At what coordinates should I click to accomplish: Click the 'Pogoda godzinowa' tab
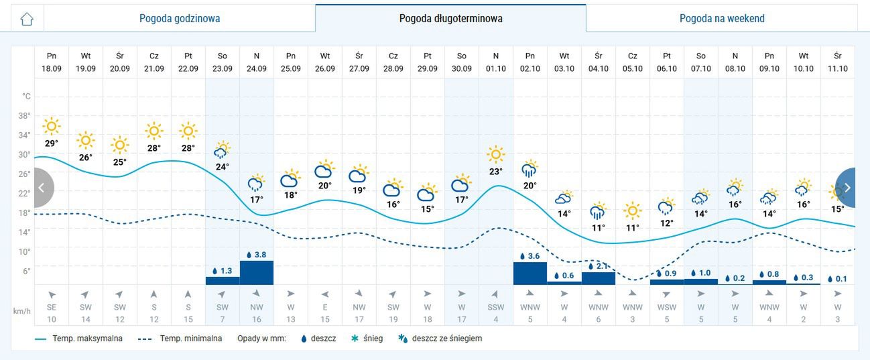click(180, 18)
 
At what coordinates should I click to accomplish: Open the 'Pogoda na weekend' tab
click(721, 18)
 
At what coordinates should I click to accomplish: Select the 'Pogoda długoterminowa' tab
click(450, 18)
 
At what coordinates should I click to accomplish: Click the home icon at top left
click(27, 18)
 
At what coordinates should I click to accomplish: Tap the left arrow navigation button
click(41, 188)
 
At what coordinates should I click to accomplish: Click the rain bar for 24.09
click(257, 272)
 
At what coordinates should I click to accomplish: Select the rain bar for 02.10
click(530, 273)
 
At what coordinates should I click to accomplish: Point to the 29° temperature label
click(52, 143)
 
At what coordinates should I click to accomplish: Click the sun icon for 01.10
click(496, 155)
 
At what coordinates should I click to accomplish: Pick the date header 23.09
click(223, 68)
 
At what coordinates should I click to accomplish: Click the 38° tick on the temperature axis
click(24, 115)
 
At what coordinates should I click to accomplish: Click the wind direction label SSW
click(496, 307)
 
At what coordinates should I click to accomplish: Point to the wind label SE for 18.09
click(52, 307)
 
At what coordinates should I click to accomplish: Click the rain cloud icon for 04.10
click(598, 212)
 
